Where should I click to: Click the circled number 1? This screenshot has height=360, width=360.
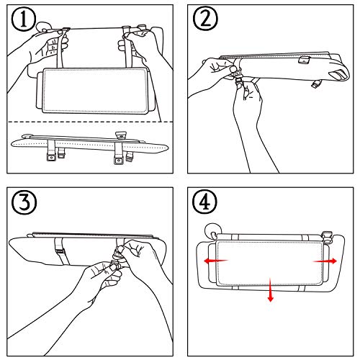click(24, 19)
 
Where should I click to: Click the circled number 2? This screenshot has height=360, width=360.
click(205, 19)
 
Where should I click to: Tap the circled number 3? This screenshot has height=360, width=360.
click(24, 202)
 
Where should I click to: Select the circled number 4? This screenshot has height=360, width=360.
click(204, 202)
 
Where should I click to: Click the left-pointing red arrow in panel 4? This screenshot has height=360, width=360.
click(216, 261)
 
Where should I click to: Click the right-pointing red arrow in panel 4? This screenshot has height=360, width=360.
click(325, 261)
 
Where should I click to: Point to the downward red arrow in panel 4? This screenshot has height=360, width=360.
click(271, 289)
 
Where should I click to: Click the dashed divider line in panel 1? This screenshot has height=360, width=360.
click(90, 122)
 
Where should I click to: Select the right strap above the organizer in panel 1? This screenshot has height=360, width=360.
click(127, 48)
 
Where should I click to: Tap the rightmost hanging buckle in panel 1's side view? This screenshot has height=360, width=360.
click(130, 157)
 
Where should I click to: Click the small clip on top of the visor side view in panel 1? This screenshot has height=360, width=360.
click(121, 135)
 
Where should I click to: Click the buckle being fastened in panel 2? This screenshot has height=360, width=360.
click(238, 76)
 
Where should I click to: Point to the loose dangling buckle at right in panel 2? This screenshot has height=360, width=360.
click(317, 84)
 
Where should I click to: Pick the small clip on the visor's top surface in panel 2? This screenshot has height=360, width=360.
click(305, 60)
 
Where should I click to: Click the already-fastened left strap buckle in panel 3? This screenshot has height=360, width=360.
click(60, 251)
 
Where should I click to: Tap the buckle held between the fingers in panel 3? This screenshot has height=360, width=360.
click(114, 264)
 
